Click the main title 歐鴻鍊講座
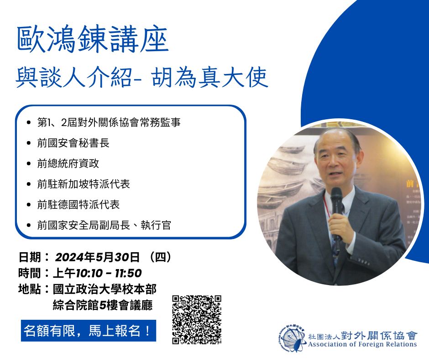(93, 39)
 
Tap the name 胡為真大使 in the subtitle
(209, 78)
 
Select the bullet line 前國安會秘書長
(73, 143)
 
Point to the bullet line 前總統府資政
(68, 164)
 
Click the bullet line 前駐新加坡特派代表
(84, 184)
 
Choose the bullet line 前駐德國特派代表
(78, 205)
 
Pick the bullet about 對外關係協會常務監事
(109, 122)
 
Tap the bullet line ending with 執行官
(104, 225)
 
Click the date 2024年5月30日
(97, 257)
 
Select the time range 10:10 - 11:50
(109, 273)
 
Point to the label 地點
(30, 289)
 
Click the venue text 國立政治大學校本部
(105, 289)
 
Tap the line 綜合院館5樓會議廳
(103, 305)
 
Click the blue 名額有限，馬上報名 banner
(89, 331)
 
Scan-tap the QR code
(197, 319)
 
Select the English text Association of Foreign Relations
(362, 344)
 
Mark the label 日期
(30, 257)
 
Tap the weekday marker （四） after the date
(161, 257)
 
